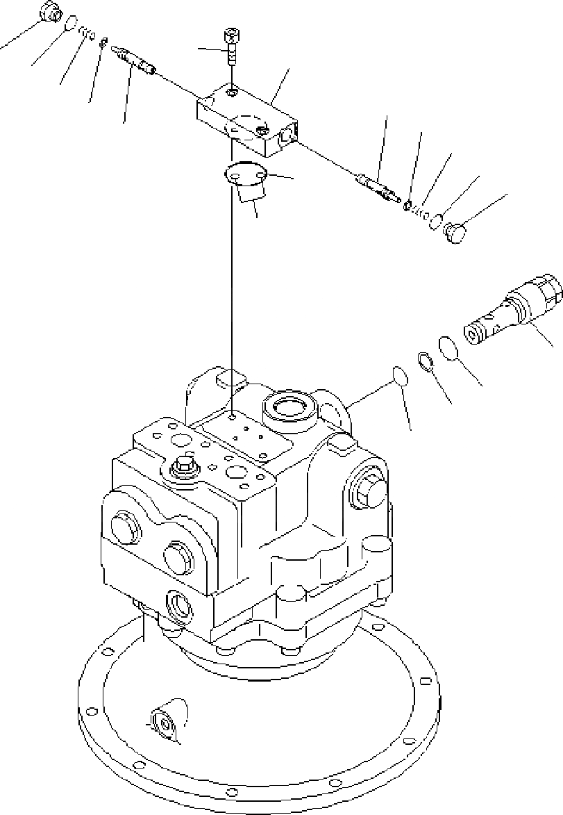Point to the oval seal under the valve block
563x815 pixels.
[x=247, y=174]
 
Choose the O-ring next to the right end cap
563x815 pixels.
[x=435, y=221]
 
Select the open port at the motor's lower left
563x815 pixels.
[x=178, y=604]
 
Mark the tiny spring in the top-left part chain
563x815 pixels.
[x=87, y=32]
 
